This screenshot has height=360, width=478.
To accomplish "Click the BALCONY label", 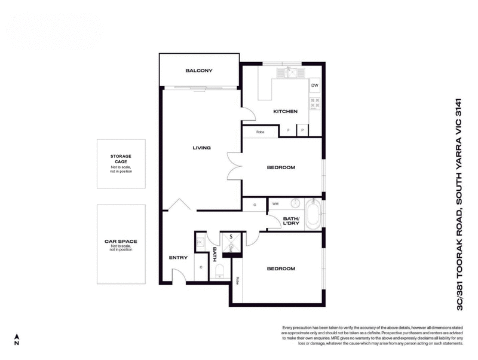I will point(198,71).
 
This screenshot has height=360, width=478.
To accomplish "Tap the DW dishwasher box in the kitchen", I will point(314,86).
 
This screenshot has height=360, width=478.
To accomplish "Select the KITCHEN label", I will point(285,112).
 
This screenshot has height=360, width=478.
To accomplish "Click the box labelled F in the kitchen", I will point(289,130).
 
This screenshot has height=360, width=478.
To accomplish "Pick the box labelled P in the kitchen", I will point(302,130).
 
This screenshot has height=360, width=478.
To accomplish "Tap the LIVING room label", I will point(201,148).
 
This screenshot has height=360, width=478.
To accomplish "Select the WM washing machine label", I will point(275,205).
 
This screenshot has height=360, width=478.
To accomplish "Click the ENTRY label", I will point(178,258).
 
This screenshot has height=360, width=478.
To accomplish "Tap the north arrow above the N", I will point(17,337).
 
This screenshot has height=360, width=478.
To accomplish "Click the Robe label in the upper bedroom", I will point(260,132).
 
